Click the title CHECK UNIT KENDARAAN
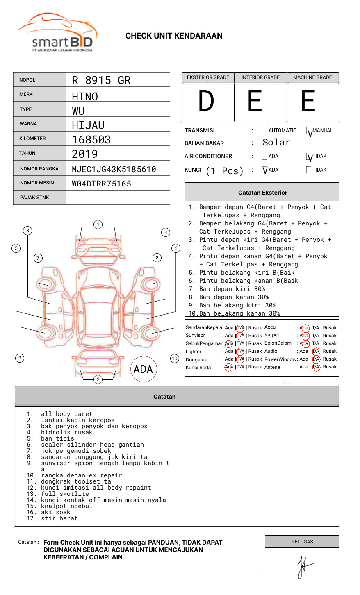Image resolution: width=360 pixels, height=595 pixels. pos(174,36)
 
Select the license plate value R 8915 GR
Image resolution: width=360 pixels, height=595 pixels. pos(101,80)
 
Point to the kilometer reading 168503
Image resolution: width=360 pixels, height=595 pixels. pos(91,140)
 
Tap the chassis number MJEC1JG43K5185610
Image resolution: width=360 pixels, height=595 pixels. pos(114,169)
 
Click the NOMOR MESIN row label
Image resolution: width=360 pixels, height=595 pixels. pos(37,183)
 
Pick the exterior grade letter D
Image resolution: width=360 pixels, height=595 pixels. pos(206,102)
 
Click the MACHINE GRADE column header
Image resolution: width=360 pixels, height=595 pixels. pos(312,77)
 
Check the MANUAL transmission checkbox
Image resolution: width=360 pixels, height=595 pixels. pos(309,131)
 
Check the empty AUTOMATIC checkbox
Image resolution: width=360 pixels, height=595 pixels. pos(264,131)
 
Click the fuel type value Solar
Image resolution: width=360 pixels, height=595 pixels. pos(276,143)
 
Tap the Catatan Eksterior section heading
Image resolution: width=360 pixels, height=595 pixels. pos(262,193)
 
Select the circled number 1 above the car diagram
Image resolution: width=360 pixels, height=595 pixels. pos(98,225)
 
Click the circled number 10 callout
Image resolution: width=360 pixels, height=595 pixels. pos(175,359)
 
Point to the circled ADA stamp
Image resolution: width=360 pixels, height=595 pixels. pos(144,369)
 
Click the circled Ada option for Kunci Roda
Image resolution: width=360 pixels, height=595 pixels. pos(229,367)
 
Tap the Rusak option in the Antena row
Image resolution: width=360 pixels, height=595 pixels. pos(330,367)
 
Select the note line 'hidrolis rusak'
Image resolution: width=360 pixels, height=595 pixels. pos(66,432)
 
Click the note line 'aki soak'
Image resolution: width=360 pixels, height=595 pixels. pos(55,512)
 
